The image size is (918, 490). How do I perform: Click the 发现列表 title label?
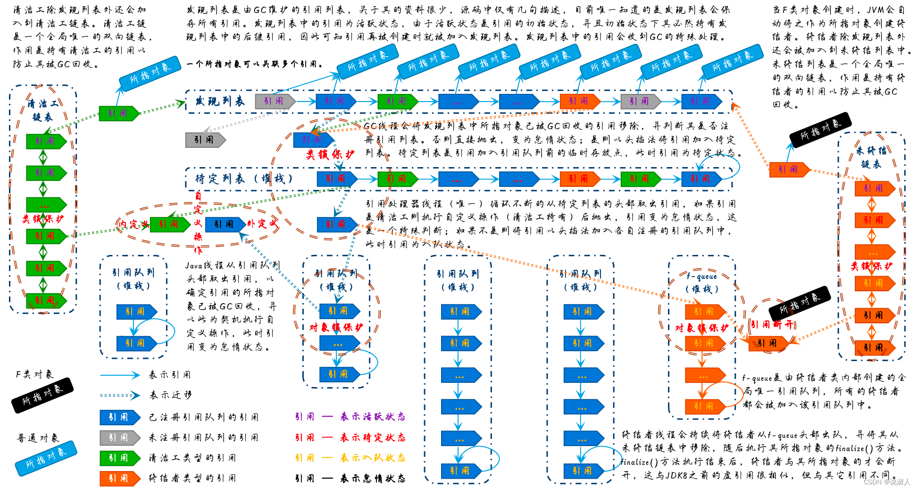220,101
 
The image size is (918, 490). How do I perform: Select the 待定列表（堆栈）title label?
244,178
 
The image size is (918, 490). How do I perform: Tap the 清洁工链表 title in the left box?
43,110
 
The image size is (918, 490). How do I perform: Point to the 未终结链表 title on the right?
871,157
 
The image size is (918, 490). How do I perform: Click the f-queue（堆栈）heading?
702,282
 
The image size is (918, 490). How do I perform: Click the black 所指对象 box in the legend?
42,395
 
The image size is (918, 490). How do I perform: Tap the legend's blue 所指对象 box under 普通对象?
46,457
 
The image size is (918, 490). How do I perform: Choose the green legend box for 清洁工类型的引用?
119,458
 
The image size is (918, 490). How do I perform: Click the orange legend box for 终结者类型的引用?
119,478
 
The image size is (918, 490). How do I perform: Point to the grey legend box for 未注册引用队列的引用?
119,438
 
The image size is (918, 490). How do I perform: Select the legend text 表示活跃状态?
373,417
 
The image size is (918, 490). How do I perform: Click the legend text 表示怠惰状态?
373,478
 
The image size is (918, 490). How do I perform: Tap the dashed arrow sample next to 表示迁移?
120,395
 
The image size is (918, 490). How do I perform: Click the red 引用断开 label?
772,324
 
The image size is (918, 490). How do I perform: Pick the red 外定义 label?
262,223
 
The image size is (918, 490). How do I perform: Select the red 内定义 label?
134,224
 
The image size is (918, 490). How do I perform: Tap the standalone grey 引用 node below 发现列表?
205,140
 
